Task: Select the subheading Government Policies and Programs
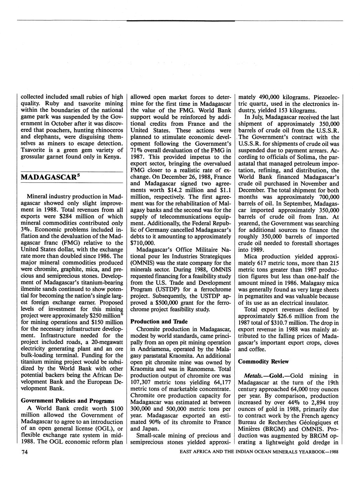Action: pyautogui.click(x=68, y=401)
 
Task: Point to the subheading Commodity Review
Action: pyautogui.click(x=263, y=362)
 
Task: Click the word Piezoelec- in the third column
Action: pyautogui.click(x=326, y=97)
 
